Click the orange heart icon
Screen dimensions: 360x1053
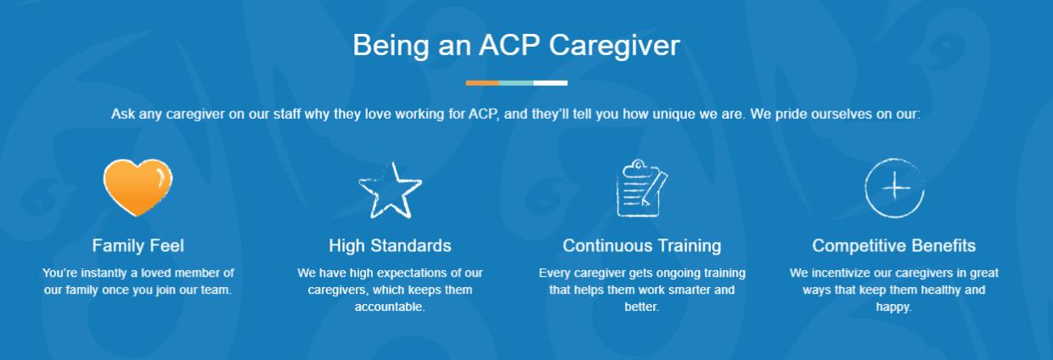pyautogui.click(x=138, y=188)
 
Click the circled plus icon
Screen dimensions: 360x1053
pyautogui.click(x=893, y=188)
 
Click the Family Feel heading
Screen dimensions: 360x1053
pyautogui.click(x=138, y=246)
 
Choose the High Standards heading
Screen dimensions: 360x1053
pyautogui.click(x=390, y=246)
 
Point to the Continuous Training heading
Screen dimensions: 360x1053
pyautogui.click(x=641, y=246)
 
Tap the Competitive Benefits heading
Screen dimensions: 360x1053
pyautogui.click(x=893, y=246)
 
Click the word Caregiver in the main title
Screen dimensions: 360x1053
pyautogui.click(x=614, y=45)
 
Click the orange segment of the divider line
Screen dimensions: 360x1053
pyautogui.click(x=482, y=83)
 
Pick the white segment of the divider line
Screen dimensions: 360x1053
pyautogui.click(x=550, y=83)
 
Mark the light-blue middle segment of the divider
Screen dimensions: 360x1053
pyautogui.click(x=516, y=83)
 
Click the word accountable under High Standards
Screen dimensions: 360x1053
pyautogui.click(x=390, y=307)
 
